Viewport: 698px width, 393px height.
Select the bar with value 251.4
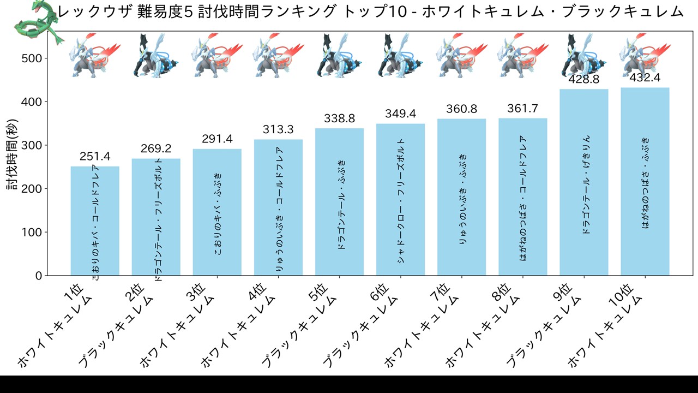(95, 221)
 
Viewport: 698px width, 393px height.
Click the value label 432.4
(645, 79)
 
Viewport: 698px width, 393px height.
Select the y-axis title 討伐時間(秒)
(13, 156)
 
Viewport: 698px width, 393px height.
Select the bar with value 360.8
(461, 197)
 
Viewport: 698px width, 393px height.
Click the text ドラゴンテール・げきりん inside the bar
(585, 186)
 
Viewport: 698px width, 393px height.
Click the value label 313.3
(278, 129)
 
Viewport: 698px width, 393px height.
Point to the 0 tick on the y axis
(39, 276)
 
